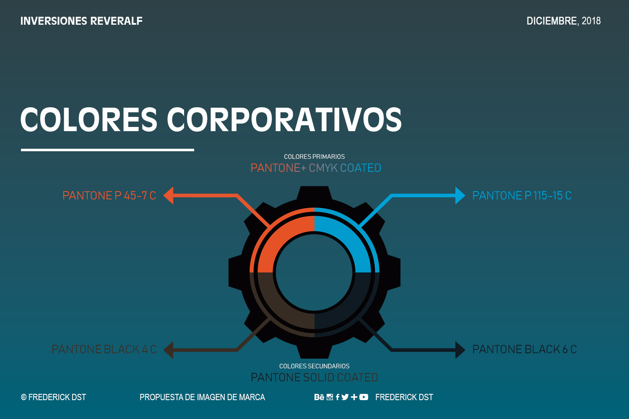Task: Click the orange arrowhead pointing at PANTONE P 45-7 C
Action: (x=169, y=196)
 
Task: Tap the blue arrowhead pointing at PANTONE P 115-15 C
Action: (x=460, y=196)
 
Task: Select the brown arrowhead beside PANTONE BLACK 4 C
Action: (x=169, y=350)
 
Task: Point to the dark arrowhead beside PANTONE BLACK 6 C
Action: (x=460, y=350)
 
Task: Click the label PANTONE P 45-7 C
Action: (x=109, y=196)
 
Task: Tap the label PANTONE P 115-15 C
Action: (x=522, y=196)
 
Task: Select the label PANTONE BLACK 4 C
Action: (x=104, y=349)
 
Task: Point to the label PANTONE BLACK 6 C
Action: (x=525, y=349)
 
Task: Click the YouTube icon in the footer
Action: (x=364, y=397)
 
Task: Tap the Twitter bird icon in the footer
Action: (x=345, y=397)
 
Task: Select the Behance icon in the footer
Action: (x=319, y=397)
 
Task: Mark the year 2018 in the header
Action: (x=591, y=21)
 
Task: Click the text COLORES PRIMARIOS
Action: (x=314, y=157)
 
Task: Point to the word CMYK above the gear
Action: (x=323, y=168)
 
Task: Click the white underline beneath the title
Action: (x=107, y=150)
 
